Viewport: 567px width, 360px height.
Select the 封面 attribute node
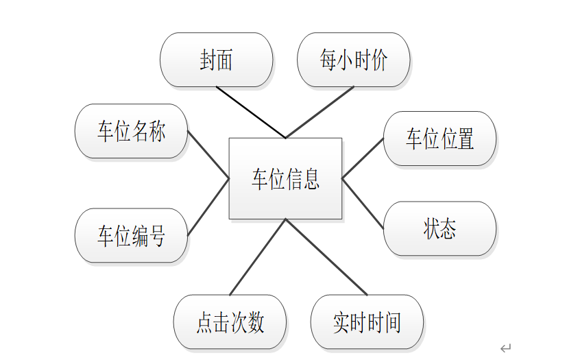coord(216,60)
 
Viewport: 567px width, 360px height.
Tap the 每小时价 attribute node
coord(353,60)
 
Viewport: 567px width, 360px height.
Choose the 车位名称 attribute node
coord(131,131)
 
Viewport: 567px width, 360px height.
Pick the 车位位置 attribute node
coord(439,139)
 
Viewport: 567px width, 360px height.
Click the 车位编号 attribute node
coord(131,236)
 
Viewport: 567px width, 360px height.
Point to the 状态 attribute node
coord(439,229)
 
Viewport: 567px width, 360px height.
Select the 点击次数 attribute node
coord(230,322)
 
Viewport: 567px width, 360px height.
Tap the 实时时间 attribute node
coord(367,322)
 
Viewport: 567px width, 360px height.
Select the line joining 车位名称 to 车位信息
coord(208,154)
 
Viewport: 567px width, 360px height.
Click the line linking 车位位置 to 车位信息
coord(363,158)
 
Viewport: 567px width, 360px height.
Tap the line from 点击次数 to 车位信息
coord(257,257)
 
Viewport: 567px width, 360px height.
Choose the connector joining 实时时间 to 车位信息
coord(326,257)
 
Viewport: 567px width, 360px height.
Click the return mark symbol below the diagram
coord(505,348)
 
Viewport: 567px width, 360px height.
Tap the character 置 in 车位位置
coord(466,139)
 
